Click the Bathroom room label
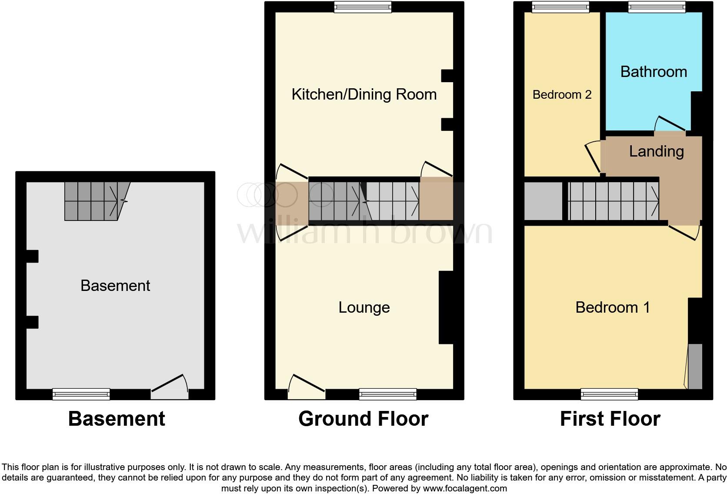click(x=653, y=72)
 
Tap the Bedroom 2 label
click(x=562, y=95)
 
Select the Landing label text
click(x=656, y=151)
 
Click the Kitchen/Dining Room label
click(x=364, y=94)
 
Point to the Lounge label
click(x=364, y=307)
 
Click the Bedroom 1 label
click(x=612, y=307)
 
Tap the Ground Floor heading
click(x=363, y=419)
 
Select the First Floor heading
click(x=610, y=419)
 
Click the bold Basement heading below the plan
click(x=117, y=419)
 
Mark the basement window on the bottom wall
click(x=81, y=394)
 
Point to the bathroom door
click(x=670, y=126)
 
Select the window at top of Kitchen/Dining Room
click(x=363, y=7)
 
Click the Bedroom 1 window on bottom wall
click(x=609, y=394)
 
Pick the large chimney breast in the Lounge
click(x=446, y=307)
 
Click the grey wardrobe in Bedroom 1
click(x=695, y=366)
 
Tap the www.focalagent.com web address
click(x=464, y=488)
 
